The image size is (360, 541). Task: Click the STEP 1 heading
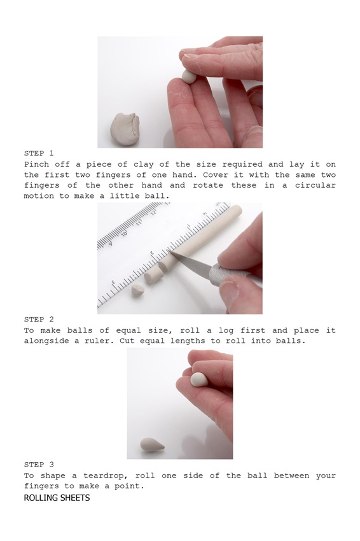click(39, 153)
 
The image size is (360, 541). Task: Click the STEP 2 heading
click(39, 320)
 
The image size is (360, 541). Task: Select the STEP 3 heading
click(39, 465)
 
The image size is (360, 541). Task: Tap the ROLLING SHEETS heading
click(57, 498)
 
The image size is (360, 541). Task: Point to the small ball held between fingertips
click(189, 76)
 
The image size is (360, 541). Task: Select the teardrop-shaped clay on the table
click(152, 444)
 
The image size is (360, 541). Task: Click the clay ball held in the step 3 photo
click(199, 379)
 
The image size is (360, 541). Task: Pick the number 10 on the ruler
click(124, 234)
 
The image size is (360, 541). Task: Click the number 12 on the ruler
click(153, 212)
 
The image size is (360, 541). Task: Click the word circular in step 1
click(315, 185)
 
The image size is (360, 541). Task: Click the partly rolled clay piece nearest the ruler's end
click(138, 290)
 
